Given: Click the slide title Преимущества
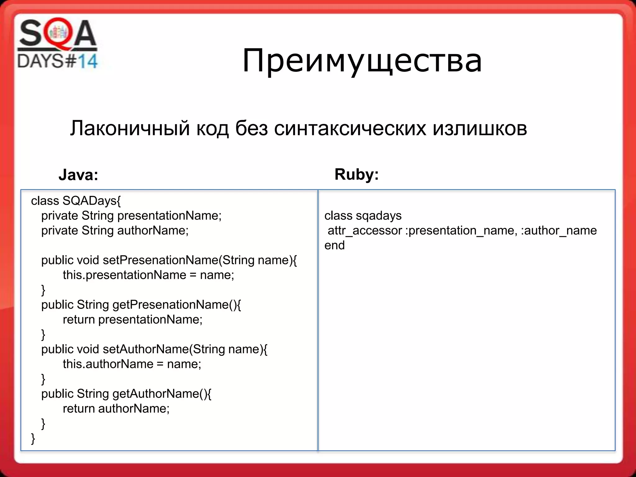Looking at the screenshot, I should click(362, 61).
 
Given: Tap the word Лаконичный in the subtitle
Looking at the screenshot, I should click(130, 128).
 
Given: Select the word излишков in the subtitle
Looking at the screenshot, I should click(479, 128).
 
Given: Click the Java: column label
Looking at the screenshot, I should click(78, 175).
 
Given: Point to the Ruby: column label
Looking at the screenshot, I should click(357, 174).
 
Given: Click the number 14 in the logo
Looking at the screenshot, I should click(87, 61).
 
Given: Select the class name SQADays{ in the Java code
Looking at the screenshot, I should click(92, 201).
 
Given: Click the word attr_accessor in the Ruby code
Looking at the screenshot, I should click(365, 231).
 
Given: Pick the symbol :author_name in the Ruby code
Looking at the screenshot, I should click(559, 231).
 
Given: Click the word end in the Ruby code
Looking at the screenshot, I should click(334, 245).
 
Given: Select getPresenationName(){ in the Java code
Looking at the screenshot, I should click(176, 305).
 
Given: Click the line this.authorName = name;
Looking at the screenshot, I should click(132, 364).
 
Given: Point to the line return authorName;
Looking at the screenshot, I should click(116, 409).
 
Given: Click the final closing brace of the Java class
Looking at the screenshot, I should click(33, 438).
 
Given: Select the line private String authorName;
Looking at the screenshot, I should click(115, 231).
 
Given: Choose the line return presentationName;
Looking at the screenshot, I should click(133, 320).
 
